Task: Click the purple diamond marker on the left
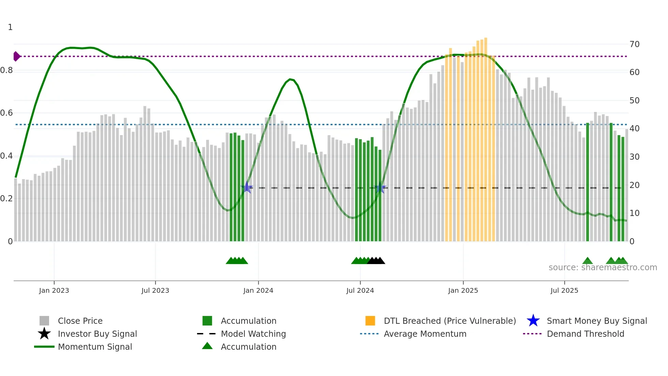[x=16, y=56]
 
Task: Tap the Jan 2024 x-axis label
[x=258, y=290]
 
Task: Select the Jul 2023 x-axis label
[x=155, y=290]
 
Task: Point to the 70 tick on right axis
[x=634, y=44]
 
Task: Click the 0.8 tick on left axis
[x=6, y=70]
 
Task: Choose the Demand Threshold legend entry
[x=585, y=334]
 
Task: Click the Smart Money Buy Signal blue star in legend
[x=533, y=321]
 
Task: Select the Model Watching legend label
[x=253, y=334]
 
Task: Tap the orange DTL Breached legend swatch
[x=370, y=321]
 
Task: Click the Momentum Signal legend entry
[x=95, y=347]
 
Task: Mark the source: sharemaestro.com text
[x=603, y=267]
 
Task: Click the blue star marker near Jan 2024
[x=247, y=188]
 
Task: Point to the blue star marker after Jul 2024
[x=380, y=188]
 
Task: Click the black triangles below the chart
[x=376, y=261]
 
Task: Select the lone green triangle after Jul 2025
[x=587, y=261]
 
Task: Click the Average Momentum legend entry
[x=425, y=334]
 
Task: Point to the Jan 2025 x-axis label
[x=463, y=290]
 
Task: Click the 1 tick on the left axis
[x=10, y=27]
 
